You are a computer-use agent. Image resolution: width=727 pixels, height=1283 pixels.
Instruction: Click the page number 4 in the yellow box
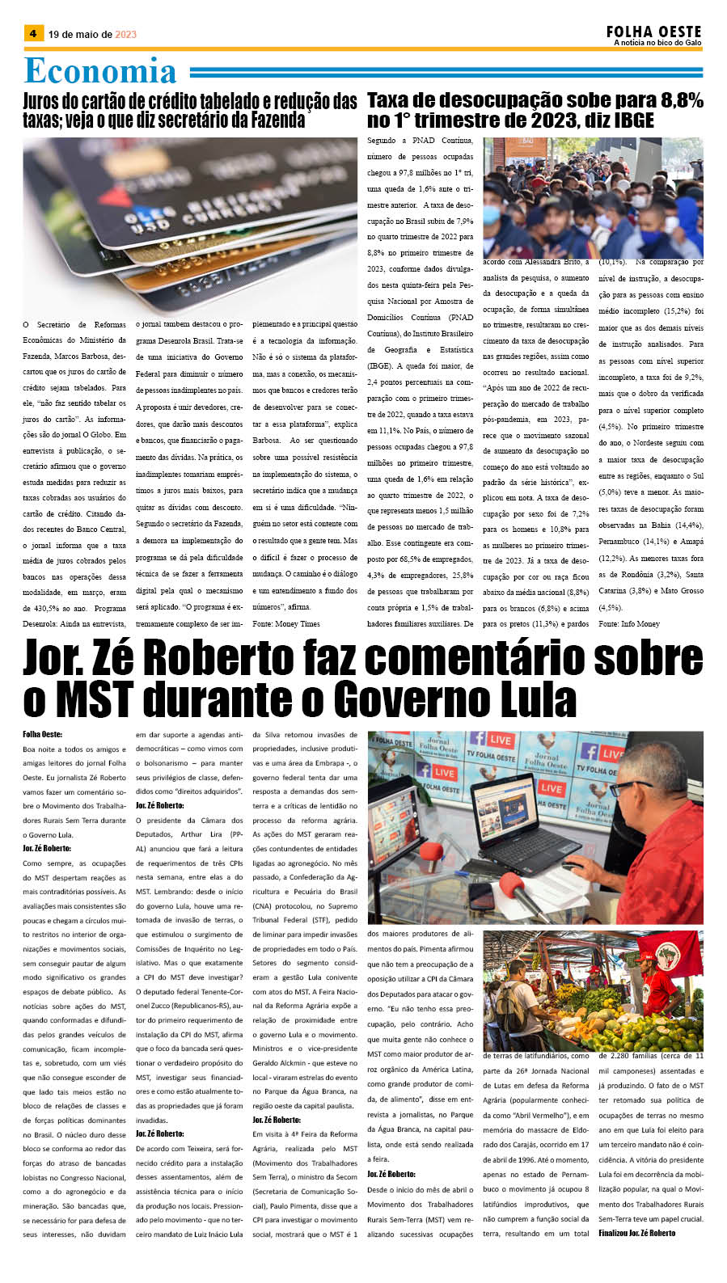click(x=33, y=33)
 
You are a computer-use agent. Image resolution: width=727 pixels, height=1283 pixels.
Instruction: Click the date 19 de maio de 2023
click(x=92, y=35)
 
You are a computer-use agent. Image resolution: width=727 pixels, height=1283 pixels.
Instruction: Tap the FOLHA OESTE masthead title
click(x=653, y=32)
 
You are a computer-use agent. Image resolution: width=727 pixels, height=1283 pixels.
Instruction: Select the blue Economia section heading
click(x=100, y=71)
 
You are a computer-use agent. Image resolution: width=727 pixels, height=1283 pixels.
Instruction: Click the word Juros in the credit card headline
click(x=49, y=102)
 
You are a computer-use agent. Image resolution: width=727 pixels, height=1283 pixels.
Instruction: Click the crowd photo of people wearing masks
click(x=593, y=198)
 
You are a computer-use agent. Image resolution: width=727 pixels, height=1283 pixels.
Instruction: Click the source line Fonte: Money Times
click(x=286, y=624)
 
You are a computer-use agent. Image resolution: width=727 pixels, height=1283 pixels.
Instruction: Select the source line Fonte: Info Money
click(x=629, y=624)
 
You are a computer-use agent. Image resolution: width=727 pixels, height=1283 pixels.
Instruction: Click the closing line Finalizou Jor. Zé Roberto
click(x=637, y=1233)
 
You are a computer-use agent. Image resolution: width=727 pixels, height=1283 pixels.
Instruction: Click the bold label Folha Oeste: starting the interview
click(x=42, y=735)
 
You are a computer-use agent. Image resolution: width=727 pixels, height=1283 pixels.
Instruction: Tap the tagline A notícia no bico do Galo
click(x=657, y=43)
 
